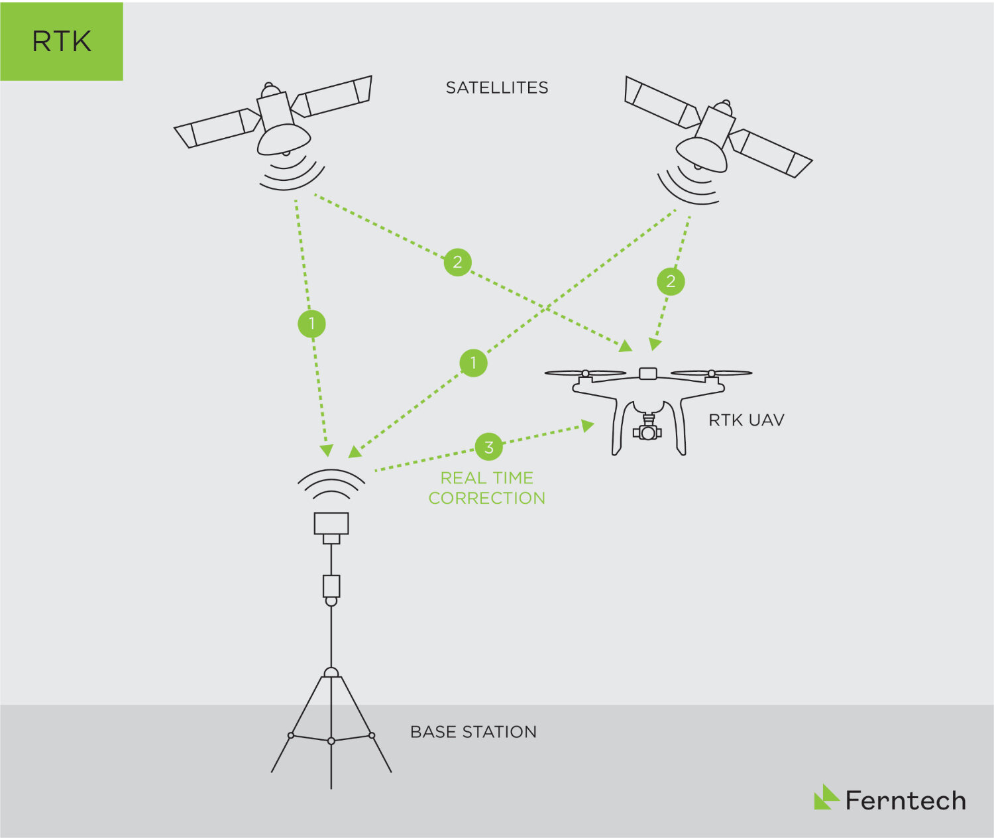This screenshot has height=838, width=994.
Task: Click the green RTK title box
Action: tap(62, 41)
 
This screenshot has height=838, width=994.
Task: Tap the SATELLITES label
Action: tap(496, 88)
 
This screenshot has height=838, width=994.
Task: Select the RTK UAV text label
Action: tap(746, 420)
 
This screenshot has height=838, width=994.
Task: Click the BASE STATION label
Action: tap(473, 732)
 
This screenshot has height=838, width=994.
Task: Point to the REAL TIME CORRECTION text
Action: tap(486, 488)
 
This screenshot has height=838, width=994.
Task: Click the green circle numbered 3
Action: tap(488, 447)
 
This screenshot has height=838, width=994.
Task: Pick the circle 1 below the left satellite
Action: tap(311, 324)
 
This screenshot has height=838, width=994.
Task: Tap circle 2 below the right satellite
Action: tap(671, 282)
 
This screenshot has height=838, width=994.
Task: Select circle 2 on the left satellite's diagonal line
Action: tap(457, 262)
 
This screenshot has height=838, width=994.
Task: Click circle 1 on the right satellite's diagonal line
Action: tap(473, 363)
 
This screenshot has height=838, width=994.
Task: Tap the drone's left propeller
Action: tap(585, 373)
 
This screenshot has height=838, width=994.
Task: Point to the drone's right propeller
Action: tap(711, 373)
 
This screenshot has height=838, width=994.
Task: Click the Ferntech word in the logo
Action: tap(905, 801)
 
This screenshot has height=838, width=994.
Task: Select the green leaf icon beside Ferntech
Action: tap(826, 798)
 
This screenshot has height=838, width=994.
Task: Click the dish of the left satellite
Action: tap(284, 139)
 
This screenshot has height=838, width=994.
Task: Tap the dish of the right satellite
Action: tap(701, 154)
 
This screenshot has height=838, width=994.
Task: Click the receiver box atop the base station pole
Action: tap(331, 524)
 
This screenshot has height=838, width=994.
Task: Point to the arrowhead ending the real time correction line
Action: tap(588, 425)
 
